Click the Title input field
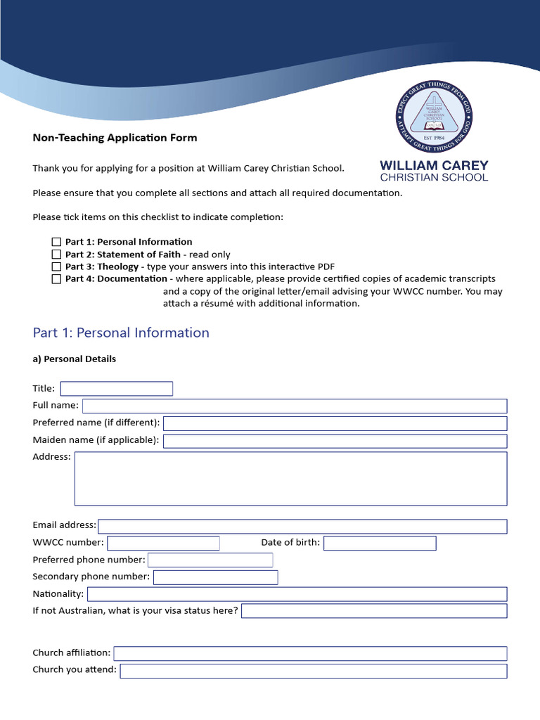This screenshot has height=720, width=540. click(116, 389)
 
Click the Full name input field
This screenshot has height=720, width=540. click(295, 406)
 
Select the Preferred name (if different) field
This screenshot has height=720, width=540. click(335, 423)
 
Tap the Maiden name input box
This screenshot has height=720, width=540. click(335, 441)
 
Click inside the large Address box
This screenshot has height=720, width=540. click(290, 478)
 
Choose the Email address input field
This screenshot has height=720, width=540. click(302, 527)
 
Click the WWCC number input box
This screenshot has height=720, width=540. click(163, 543)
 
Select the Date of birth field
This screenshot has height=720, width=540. click(380, 543)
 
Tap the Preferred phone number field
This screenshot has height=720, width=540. click(210, 560)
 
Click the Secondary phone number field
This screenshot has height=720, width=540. click(215, 577)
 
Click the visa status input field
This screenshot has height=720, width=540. click(374, 611)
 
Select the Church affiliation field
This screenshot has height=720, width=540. click(310, 654)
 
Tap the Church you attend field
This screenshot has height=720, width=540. click(313, 671)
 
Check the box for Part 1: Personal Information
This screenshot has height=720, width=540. click(56, 242)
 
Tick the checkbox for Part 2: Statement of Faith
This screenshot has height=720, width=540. click(56, 255)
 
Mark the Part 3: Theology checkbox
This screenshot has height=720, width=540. click(56, 267)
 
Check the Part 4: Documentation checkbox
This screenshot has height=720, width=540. click(56, 279)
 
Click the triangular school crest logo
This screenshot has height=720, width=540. click(433, 117)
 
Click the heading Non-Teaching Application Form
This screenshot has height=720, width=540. click(115, 138)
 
